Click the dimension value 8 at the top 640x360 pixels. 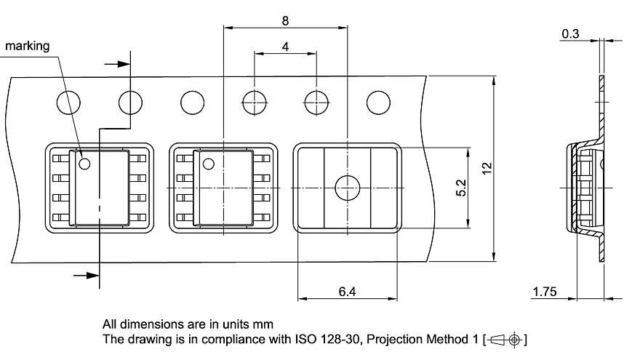pos(284,20)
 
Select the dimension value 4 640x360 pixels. pos(285,47)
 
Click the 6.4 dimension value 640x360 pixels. pos(347,291)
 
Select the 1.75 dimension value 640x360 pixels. pos(544,292)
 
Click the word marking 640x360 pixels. pos(28,47)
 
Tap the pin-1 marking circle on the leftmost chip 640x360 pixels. pos(84,163)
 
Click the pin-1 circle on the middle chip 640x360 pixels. pos(207,163)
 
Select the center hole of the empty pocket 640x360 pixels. pos(346,188)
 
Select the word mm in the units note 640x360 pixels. pos(263,324)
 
